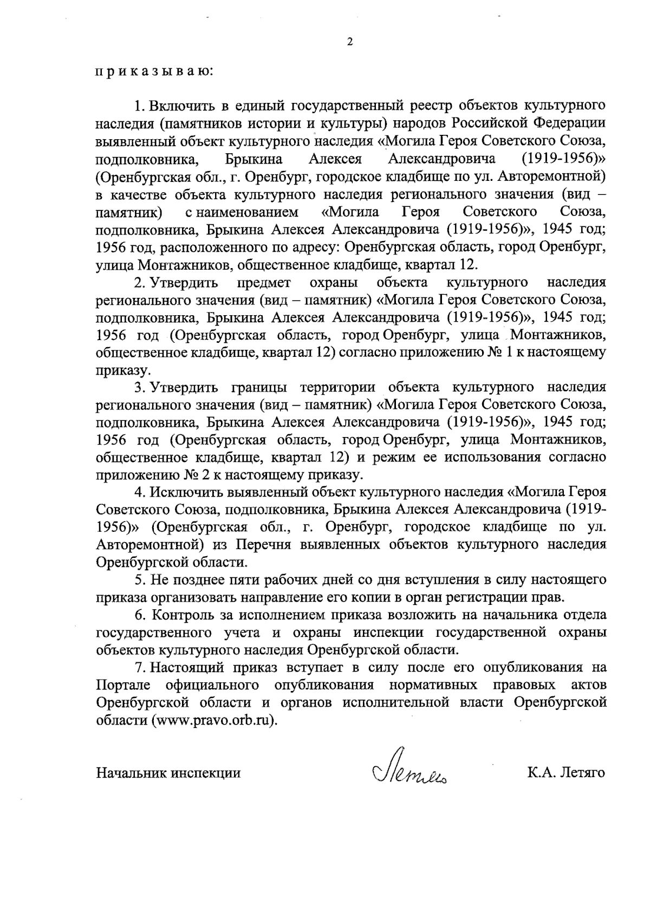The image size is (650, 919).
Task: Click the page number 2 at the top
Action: pos(349,42)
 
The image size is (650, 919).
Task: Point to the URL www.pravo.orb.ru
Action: pos(211,721)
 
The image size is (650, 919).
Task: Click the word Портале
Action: pos(122,686)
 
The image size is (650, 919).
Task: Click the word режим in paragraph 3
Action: pos(391,457)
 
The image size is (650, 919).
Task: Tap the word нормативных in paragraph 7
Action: pos(433,686)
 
